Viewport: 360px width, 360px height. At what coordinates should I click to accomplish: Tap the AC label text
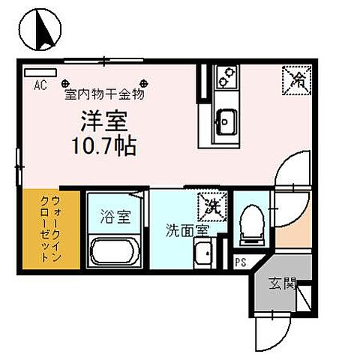40,85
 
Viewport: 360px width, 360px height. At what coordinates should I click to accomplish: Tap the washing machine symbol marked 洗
210,204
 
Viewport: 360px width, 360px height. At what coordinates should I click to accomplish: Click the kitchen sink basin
225,120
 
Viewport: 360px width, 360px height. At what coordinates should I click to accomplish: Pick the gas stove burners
224,77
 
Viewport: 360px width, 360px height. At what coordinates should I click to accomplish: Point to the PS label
240,262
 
